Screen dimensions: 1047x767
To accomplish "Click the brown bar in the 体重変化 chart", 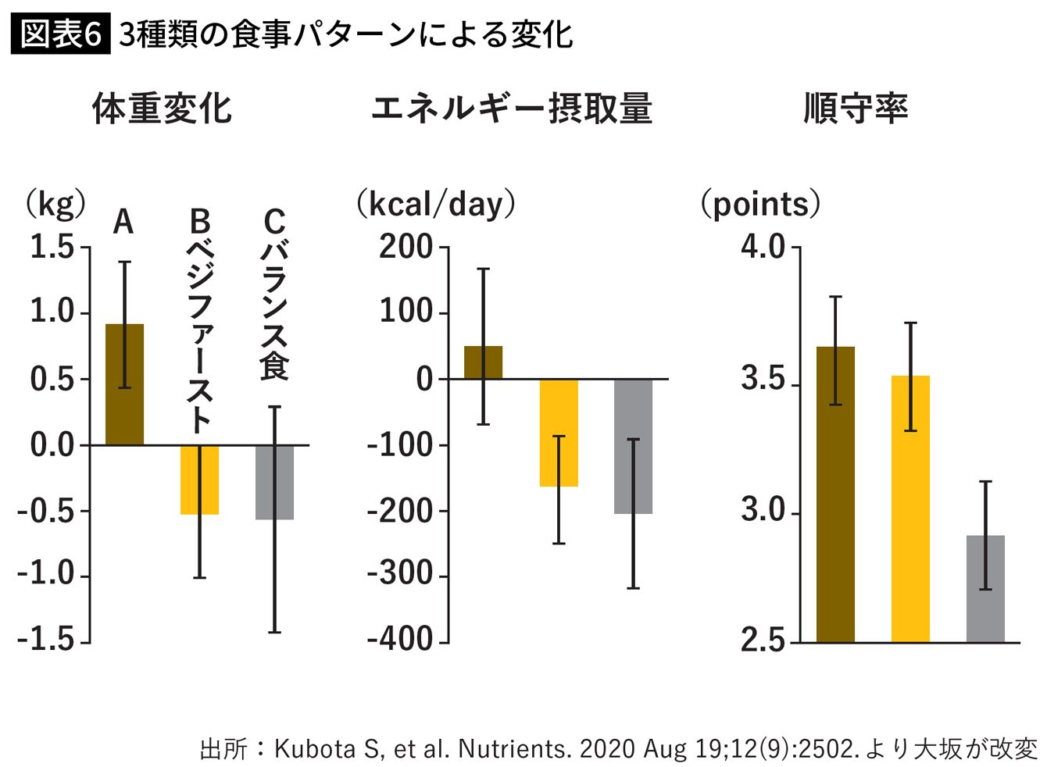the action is click(x=124, y=384).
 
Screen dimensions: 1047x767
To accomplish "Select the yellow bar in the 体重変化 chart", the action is click(x=199, y=480).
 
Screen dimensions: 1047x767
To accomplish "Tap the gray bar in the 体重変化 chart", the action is click(x=275, y=483).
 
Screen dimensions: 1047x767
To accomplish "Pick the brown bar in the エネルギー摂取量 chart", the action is click(x=484, y=362).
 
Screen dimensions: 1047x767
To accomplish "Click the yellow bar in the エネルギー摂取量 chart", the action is click(x=559, y=433).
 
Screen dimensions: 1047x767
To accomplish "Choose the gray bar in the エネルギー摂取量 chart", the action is click(x=634, y=447).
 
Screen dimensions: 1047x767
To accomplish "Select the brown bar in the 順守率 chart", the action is click(x=836, y=494).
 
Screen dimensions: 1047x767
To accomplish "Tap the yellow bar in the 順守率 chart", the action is click(x=910, y=509).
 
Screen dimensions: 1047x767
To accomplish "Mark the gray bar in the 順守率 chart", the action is click(x=986, y=589).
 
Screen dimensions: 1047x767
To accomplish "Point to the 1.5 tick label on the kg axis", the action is click(x=52, y=246).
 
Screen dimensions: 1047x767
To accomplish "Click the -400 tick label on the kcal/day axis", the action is click(x=400, y=639).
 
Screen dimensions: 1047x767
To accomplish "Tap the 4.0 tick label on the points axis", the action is click(x=763, y=246).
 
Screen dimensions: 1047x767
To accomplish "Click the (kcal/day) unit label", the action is click(x=436, y=205).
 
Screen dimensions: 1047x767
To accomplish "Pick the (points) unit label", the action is click(x=760, y=205).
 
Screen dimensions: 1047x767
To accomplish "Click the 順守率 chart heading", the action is click(x=856, y=109).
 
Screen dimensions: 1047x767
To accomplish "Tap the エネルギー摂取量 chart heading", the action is click(x=512, y=109).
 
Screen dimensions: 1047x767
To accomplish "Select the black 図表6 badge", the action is click(x=61, y=34).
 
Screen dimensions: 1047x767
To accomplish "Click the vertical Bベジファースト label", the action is click(x=200, y=321).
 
